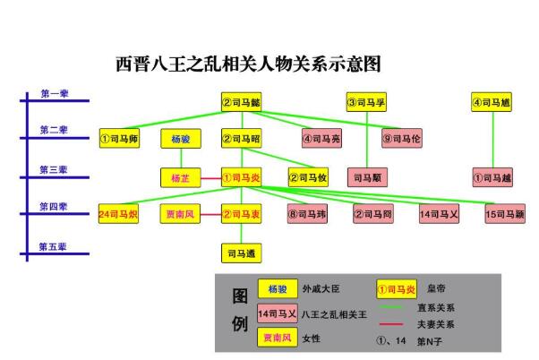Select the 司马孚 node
click(366, 103)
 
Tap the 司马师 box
click(119, 139)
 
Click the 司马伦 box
click(401, 139)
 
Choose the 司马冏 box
click(372, 215)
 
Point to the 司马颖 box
click(504, 215)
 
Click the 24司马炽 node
click(118, 215)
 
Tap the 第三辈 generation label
click(53, 169)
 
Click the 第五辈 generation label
click(53, 245)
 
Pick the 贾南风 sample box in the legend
click(278, 339)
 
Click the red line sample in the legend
click(394, 323)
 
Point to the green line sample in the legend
click(394, 307)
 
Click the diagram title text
click(249, 64)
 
